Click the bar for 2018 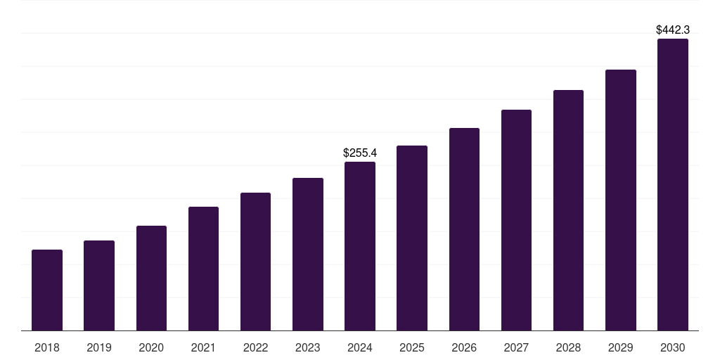[47, 290]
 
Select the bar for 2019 [99, 285]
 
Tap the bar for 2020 [151, 278]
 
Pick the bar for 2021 [203, 269]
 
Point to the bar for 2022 [255, 262]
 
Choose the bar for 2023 [308, 254]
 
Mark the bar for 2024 [360, 246]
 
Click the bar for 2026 [464, 229]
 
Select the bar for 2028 [568, 210]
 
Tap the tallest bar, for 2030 [673, 184]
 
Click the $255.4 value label [360, 153]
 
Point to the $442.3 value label [673, 30]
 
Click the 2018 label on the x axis [47, 347]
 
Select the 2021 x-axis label [203, 347]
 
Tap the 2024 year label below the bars [360, 347]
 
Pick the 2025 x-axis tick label [412, 347]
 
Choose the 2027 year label [516, 347]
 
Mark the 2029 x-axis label [620, 347]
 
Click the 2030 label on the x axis [673, 347]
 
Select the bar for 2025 [412, 238]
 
